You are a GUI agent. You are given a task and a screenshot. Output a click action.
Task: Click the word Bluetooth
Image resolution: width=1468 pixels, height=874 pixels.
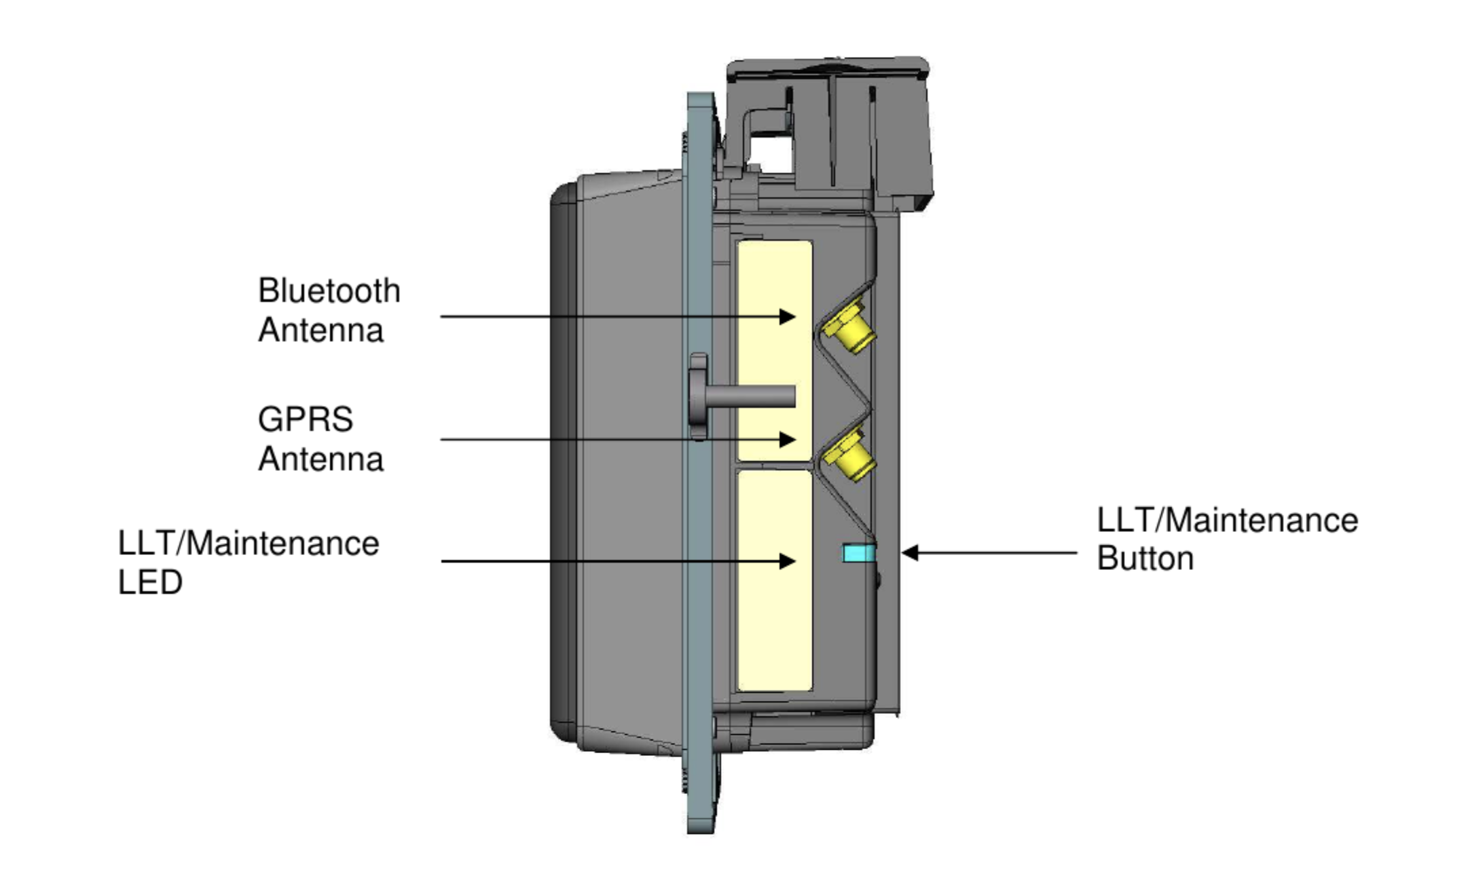tap(329, 291)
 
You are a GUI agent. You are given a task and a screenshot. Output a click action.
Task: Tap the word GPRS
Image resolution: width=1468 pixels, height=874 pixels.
tap(305, 419)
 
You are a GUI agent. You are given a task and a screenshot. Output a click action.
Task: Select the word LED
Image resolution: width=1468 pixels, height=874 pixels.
tap(150, 582)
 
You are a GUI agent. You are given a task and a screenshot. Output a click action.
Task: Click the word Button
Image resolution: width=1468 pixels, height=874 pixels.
tap(1145, 558)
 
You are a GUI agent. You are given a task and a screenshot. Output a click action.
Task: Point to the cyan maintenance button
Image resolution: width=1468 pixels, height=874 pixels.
tap(858, 553)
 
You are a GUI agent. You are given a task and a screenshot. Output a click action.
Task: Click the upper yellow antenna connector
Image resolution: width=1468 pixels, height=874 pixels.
tap(849, 328)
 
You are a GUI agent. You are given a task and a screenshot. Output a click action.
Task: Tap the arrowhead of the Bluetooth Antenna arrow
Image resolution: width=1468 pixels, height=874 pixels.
tap(788, 316)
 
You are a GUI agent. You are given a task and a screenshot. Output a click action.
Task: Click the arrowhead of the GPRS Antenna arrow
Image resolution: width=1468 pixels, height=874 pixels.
tap(788, 439)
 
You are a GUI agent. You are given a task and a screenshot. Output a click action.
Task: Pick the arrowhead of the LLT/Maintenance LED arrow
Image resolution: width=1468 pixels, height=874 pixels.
tap(788, 561)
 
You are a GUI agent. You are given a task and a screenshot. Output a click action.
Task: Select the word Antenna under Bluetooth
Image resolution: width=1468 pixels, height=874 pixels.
tap(320, 330)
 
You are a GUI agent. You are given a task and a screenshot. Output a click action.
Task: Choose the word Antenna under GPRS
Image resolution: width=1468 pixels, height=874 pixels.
tap(320, 459)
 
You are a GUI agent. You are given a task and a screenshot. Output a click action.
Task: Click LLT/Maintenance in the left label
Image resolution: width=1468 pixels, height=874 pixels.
tap(248, 544)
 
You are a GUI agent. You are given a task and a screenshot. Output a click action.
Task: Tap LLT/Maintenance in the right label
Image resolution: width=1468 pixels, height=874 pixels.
tap(1227, 520)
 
